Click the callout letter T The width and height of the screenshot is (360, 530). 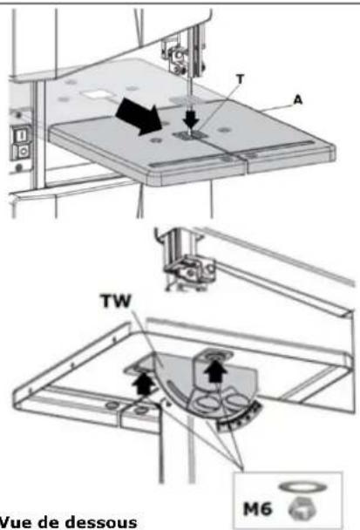pyautogui.click(x=241, y=79)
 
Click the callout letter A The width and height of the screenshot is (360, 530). pyautogui.click(x=297, y=100)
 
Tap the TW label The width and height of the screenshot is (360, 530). pyautogui.click(x=116, y=301)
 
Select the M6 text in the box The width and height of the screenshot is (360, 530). pyautogui.click(x=257, y=508)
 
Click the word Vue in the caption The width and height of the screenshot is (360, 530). pyautogui.click(x=15, y=522)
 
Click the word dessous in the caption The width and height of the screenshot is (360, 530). pyautogui.click(x=102, y=522)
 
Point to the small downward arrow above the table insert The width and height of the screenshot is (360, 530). pyautogui.click(x=191, y=120)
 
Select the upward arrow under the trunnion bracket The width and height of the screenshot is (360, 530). pyautogui.click(x=216, y=370)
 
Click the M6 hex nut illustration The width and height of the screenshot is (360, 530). pyautogui.click(x=302, y=509)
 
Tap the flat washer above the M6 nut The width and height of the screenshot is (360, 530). pyautogui.click(x=302, y=487)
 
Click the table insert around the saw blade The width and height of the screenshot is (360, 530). pyautogui.click(x=190, y=135)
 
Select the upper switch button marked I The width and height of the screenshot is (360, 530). pyautogui.click(x=21, y=136)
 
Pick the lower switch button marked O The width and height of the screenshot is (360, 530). pyautogui.click(x=22, y=152)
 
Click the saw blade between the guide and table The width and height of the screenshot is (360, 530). pyautogui.click(x=190, y=98)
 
